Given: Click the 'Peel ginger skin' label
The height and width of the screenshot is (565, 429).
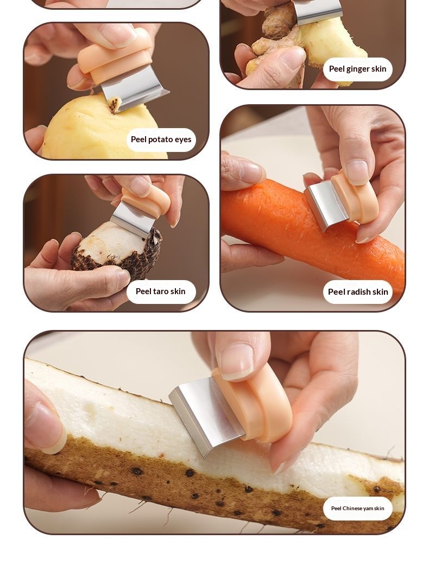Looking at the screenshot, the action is (x=358, y=69).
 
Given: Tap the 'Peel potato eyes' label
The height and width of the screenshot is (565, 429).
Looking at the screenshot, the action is (x=161, y=139).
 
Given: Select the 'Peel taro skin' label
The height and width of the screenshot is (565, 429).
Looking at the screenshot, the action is (x=160, y=291).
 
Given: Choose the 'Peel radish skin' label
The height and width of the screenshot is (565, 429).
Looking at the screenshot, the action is (x=358, y=292).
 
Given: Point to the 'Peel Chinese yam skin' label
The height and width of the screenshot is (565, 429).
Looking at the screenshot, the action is (x=358, y=509).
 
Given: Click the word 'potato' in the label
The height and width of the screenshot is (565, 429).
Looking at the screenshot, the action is (x=161, y=139).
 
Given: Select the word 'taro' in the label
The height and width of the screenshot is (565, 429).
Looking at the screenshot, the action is (x=161, y=291).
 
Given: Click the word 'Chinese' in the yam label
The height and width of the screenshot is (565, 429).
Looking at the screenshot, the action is (x=352, y=509).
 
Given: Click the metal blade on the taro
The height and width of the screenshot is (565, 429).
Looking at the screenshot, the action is (x=133, y=219).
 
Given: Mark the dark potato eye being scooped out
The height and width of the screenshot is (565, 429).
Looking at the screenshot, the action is (x=115, y=105).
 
